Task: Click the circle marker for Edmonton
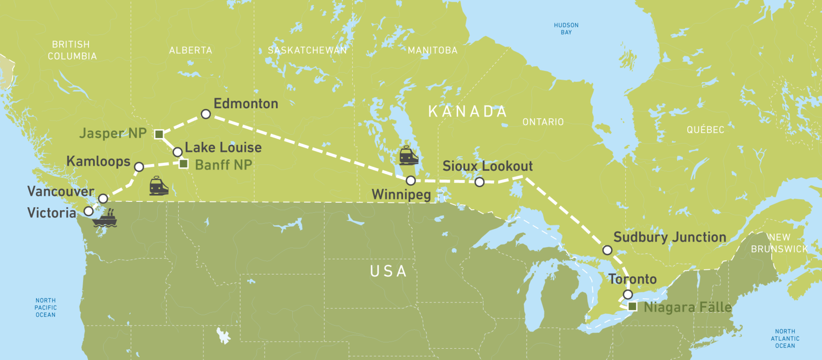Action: (x=206, y=114)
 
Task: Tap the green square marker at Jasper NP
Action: (x=159, y=134)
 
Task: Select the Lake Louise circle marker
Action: (x=178, y=152)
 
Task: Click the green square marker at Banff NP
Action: (x=184, y=164)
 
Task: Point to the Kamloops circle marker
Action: (x=139, y=167)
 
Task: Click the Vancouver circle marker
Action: (x=103, y=198)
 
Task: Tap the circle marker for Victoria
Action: (x=89, y=211)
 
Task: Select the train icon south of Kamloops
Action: (x=159, y=186)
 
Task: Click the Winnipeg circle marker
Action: (x=411, y=180)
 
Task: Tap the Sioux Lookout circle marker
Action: (x=479, y=182)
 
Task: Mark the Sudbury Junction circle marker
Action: (x=607, y=250)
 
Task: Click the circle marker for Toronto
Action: (x=628, y=294)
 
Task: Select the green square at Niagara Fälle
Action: (x=632, y=306)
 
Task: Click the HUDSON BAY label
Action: (x=566, y=29)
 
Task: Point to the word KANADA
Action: (x=468, y=111)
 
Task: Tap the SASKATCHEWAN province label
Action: (x=307, y=50)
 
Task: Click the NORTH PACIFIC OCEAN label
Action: (x=46, y=307)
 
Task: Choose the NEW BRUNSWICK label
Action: (x=780, y=243)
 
